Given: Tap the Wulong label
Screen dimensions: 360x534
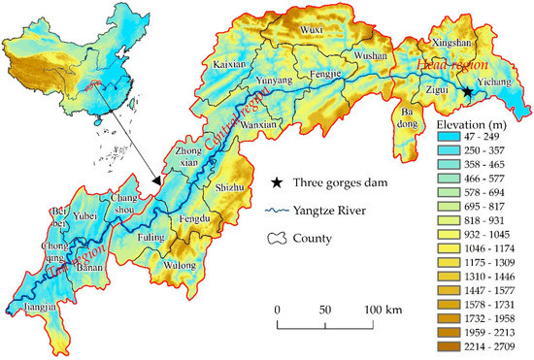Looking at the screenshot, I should tap(181, 263).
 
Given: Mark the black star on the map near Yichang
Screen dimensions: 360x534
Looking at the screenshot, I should tap(467, 92).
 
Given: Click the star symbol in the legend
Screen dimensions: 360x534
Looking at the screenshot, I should tap(279, 182).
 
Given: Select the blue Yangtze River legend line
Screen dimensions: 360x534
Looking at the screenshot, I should tap(278, 210).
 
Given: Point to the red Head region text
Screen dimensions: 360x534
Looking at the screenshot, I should tap(445, 65).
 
